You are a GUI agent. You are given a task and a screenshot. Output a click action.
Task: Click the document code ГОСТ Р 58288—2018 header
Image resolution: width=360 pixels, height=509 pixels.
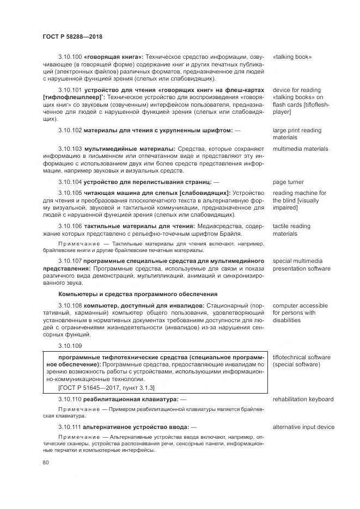(x=72, y=36)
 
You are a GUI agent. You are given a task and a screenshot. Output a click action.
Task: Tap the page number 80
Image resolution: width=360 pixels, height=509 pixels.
(x=46, y=463)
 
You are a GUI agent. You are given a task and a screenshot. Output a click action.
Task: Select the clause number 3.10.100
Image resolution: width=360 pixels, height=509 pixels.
(x=70, y=57)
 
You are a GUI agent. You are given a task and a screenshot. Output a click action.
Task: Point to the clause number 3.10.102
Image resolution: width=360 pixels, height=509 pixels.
(x=70, y=131)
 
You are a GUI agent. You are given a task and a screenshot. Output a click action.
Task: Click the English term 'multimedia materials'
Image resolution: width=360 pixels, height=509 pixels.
(x=300, y=148)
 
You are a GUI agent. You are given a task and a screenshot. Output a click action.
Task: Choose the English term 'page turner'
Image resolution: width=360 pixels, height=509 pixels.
(x=289, y=181)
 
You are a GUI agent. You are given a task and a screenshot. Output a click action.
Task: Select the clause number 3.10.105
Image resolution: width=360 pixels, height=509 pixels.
(x=70, y=193)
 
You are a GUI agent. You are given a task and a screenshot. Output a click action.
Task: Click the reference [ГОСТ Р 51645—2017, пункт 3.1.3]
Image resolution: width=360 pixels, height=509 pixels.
(x=106, y=388)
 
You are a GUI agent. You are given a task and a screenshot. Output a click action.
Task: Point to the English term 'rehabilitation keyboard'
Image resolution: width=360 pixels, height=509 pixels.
(x=303, y=399)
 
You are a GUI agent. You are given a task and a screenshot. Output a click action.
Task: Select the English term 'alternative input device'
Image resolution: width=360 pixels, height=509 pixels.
(x=303, y=427)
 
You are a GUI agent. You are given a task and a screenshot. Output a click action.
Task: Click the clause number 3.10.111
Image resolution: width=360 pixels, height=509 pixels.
(x=70, y=427)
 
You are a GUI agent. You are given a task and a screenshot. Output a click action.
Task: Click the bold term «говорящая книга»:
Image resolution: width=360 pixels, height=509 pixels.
(x=114, y=57)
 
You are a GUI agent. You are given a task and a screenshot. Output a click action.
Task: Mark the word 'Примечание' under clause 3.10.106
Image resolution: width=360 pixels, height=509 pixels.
(x=76, y=243)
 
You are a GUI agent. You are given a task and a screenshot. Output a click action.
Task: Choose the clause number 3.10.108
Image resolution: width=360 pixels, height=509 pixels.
(x=70, y=305)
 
